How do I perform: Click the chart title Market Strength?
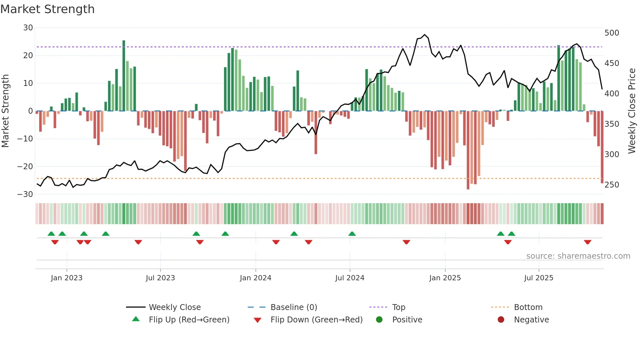click(x=48, y=9)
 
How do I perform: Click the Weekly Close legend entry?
click(x=174, y=307)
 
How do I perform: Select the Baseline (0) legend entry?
click(x=294, y=307)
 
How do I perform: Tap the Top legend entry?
click(x=398, y=307)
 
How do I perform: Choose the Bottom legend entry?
click(x=528, y=307)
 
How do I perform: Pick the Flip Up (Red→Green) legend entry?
click(x=189, y=320)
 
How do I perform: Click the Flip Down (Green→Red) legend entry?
click(x=316, y=320)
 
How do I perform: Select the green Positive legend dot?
click(x=379, y=319)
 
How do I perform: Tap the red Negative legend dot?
click(x=501, y=319)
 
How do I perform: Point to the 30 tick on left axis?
click(x=28, y=28)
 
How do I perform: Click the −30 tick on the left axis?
click(x=25, y=194)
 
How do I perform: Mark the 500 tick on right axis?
click(x=612, y=33)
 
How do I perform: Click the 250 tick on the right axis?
click(x=612, y=185)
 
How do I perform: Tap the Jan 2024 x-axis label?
click(x=255, y=278)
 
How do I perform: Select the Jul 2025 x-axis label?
click(x=538, y=278)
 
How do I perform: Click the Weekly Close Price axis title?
click(x=632, y=111)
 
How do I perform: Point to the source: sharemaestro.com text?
click(x=578, y=256)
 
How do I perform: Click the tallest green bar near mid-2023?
click(x=124, y=75)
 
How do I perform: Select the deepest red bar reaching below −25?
click(x=468, y=150)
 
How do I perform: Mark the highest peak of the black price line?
click(x=424, y=35)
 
